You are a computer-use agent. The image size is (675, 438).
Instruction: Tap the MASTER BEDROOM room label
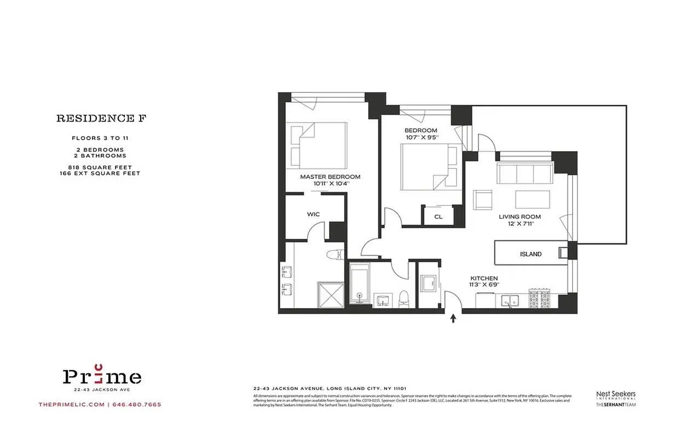click(x=330, y=177)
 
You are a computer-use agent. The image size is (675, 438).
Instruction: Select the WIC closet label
click(x=313, y=215)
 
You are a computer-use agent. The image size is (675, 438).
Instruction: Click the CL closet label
click(x=438, y=217)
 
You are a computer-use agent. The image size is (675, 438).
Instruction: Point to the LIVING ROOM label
click(x=520, y=217)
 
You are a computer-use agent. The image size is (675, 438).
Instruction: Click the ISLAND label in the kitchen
click(x=530, y=254)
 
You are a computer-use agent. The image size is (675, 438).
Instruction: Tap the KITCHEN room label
click(x=483, y=279)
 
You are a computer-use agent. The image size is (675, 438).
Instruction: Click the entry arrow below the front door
click(x=453, y=318)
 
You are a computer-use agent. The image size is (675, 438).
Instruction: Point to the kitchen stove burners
click(x=540, y=299)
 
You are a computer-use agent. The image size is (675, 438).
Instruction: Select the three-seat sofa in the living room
click(x=524, y=174)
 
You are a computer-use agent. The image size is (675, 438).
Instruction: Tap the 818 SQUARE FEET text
click(x=101, y=167)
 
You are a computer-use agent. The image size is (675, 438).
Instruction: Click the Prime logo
click(x=102, y=376)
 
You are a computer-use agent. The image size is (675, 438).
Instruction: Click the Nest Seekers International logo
click(x=615, y=395)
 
